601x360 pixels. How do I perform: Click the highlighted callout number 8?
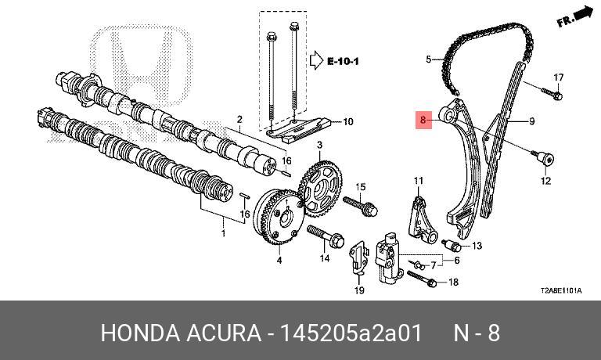[423, 121]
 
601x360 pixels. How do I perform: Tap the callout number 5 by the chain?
[428, 59]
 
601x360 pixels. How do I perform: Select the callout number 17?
[559, 77]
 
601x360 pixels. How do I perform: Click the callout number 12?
[545, 182]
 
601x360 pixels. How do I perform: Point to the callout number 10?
[348, 121]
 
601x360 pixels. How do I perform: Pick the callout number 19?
[359, 291]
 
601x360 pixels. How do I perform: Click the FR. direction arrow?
[577, 16]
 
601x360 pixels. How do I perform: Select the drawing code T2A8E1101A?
[561, 290]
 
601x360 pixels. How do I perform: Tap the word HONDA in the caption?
[139, 333]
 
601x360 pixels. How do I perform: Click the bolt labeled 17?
[552, 94]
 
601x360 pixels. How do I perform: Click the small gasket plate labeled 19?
[357, 258]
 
